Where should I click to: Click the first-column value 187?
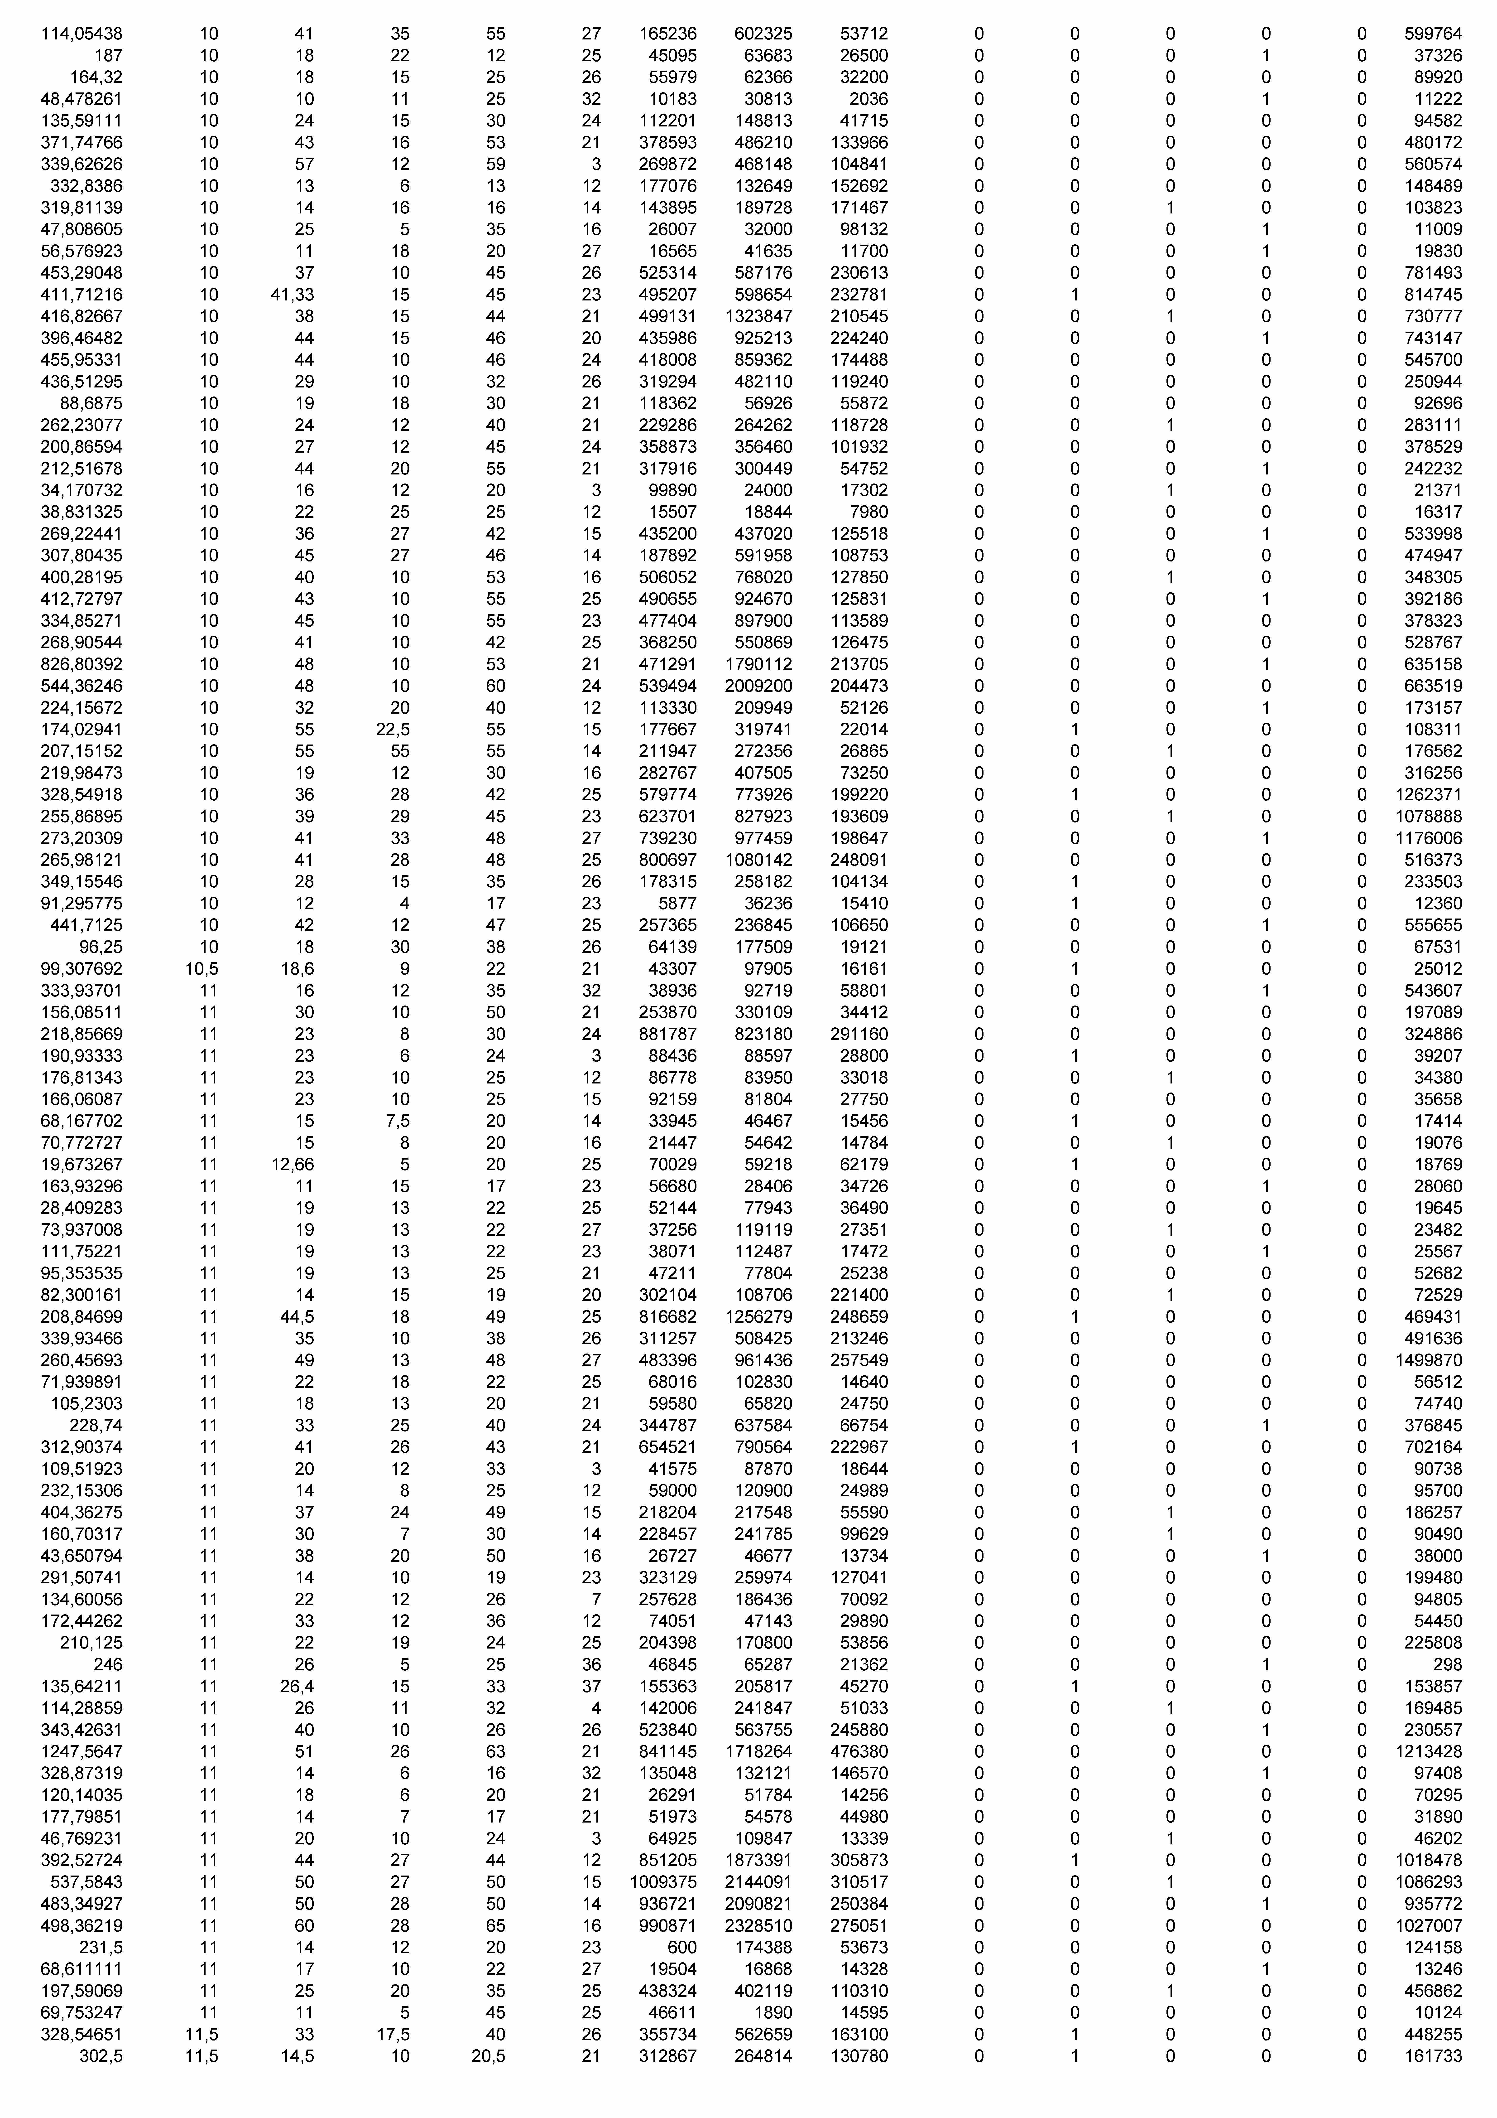(108, 55)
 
